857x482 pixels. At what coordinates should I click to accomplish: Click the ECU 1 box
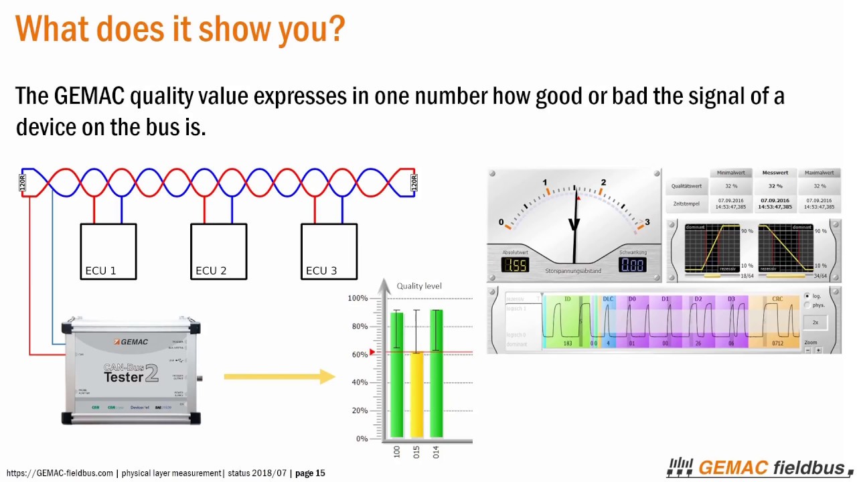click(x=108, y=251)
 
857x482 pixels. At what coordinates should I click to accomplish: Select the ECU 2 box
click(x=219, y=251)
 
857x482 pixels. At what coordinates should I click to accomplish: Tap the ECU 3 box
click(x=329, y=251)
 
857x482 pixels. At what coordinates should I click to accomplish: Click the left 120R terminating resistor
click(x=22, y=183)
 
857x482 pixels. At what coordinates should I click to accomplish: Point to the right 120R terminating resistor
click(x=414, y=183)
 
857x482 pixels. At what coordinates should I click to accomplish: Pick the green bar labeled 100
click(x=396, y=375)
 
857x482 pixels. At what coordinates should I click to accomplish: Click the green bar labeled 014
click(x=436, y=375)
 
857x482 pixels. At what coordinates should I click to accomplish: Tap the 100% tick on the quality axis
click(x=358, y=298)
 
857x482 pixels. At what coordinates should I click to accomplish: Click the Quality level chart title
click(x=419, y=286)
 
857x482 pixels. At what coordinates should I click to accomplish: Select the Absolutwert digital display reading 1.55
click(x=516, y=265)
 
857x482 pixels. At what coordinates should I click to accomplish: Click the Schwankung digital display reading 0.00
click(x=632, y=265)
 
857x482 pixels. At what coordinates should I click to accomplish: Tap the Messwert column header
click(x=775, y=173)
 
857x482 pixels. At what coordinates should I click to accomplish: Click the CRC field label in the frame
click(x=777, y=299)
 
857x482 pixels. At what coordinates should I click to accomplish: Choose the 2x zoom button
click(x=815, y=323)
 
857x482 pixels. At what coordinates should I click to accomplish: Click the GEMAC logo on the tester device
click(x=131, y=342)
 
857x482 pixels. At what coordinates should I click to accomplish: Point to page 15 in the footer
click(x=310, y=473)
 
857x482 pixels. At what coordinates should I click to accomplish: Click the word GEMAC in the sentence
click(x=89, y=96)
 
